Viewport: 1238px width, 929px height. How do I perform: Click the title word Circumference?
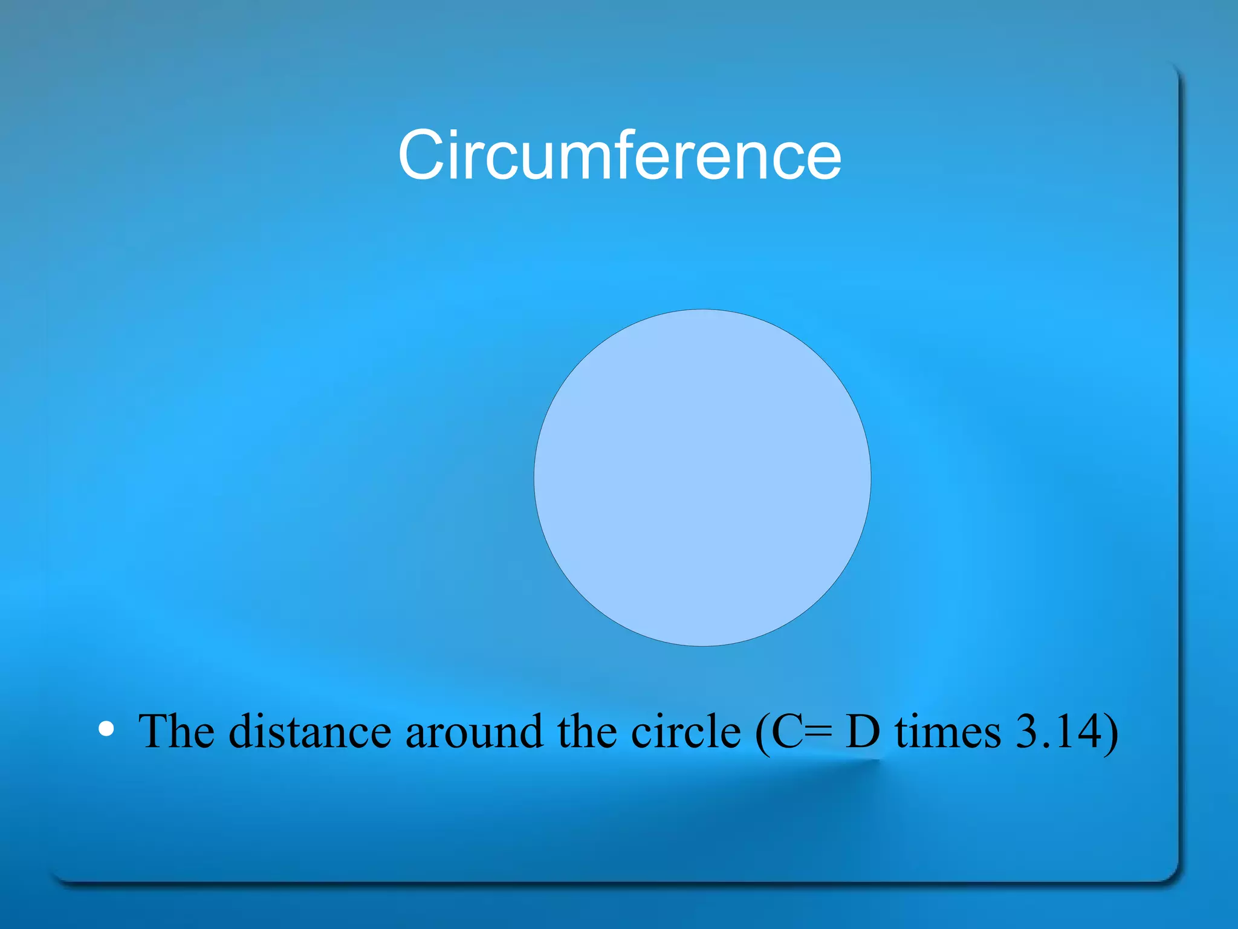[619, 156]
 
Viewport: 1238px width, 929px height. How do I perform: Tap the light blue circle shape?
[702, 477]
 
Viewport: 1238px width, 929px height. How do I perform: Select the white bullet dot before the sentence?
[106, 729]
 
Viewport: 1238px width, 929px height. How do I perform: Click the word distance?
[310, 731]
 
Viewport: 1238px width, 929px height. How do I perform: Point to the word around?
[474, 731]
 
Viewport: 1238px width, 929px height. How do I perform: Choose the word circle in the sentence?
[685, 731]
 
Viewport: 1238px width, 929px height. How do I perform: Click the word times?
[947, 731]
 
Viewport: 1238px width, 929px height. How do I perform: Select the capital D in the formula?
[862, 731]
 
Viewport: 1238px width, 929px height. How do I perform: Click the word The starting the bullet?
[176, 731]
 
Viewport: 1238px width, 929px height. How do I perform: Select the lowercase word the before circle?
[587, 731]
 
